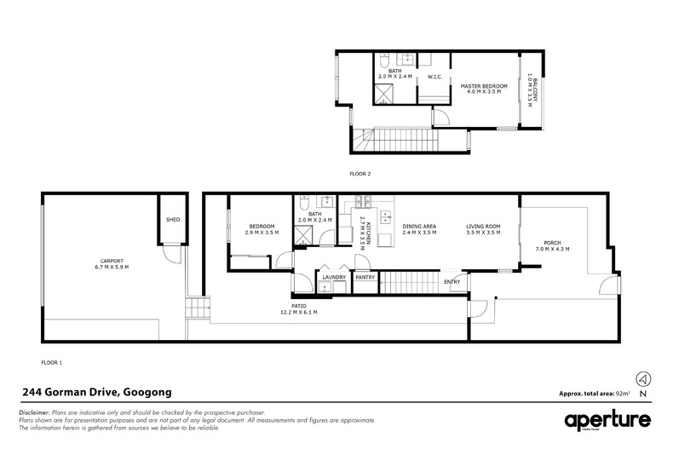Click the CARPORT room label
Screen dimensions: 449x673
click(112, 261)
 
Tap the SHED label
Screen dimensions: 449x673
click(173, 220)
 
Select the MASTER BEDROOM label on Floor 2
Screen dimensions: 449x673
click(484, 86)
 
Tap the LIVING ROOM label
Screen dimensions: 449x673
click(482, 227)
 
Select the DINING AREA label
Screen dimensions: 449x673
click(419, 227)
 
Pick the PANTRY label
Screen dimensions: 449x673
click(365, 276)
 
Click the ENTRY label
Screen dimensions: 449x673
click(452, 282)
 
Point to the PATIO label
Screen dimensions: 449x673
click(299, 306)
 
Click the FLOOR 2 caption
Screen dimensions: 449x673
click(360, 173)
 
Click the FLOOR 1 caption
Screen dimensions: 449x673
click(52, 362)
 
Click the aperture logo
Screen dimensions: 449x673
click(607, 421)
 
